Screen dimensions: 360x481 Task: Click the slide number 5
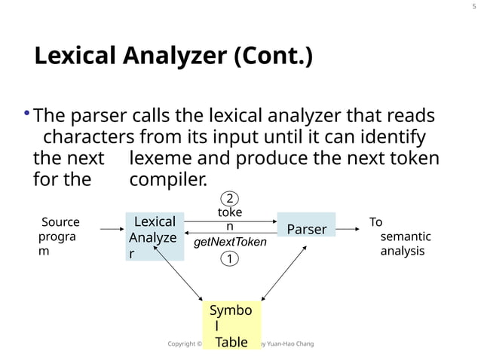click(x=473, y=7)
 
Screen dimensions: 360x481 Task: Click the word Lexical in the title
click(x=77, y=56)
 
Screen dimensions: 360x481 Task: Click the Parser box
click(x=307, y=228)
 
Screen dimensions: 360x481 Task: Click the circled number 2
click(x=230, y=199)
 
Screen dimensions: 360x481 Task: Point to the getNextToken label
click(x=230, y=243)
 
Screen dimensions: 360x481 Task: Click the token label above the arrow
click(x=230, y=219)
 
